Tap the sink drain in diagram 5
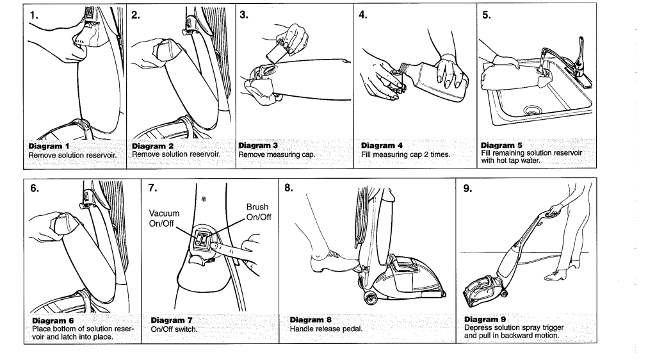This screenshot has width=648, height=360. click(x=531, y=110)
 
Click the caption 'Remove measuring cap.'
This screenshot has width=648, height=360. click(x=273, y=154)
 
